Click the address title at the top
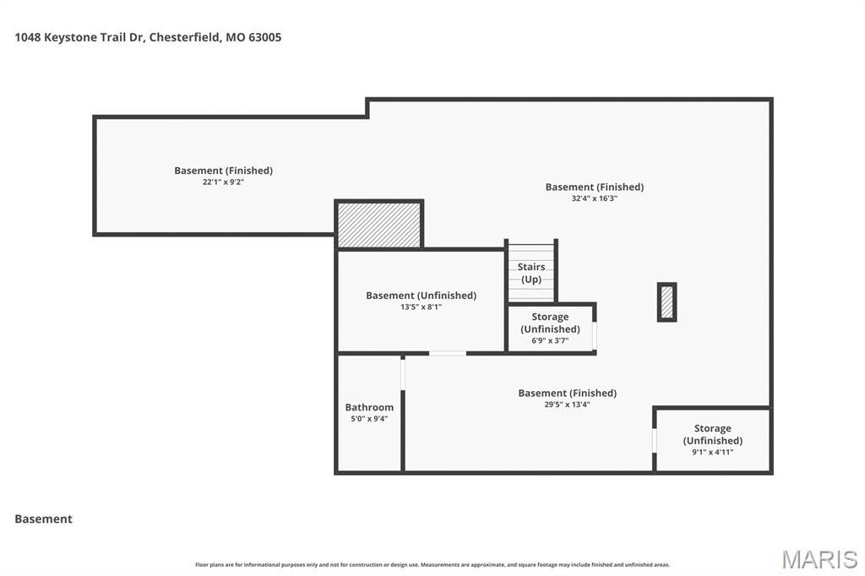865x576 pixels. tap(148, 37)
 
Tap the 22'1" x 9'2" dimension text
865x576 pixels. tap(223, 182)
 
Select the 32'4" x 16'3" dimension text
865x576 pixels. tap(594, 198)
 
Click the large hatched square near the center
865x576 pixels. tap(379, 226)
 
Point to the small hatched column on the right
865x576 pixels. tap(666, 302)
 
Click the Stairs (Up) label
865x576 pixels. tap(531, 273)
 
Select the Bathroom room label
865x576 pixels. tap(369, 407)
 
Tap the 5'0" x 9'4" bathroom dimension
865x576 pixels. tap(369, 419)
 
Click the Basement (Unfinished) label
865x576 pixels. tap(421, 296)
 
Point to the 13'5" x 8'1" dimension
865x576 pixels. tap(421, 307)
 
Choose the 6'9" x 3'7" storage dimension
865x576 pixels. tap(550, 341)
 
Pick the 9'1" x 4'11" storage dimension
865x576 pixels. tap(712, 452)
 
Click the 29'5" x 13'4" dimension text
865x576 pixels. tap(567, 405)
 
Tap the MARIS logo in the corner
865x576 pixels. tap(819, 559)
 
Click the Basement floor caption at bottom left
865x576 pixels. tap(44, 519)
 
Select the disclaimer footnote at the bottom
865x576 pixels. tap(432, 564)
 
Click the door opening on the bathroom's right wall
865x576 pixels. tap(403, 374)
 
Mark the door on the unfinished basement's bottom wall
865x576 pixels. tap(448, 352)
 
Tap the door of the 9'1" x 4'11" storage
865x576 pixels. tap(654, 441)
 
